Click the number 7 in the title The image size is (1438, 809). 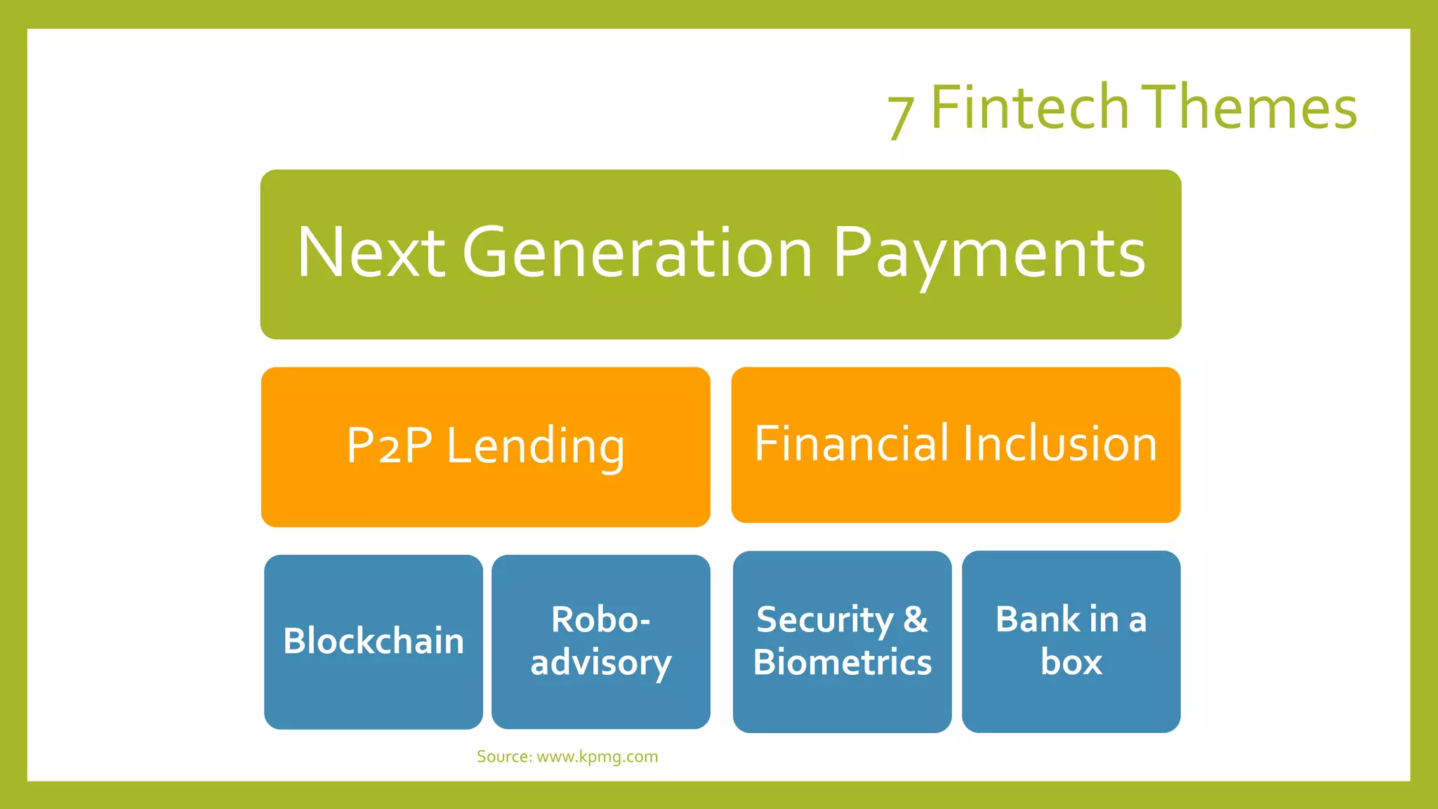(x=900, y=115)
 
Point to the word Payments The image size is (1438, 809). (x=989, y=254)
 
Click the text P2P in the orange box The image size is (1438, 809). (x=390, y=446)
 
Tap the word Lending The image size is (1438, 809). (x=535, y=447)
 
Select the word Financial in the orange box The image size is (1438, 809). (x=851, y=444)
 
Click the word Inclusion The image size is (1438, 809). (x=1060, y=444)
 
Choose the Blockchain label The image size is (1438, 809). (x=374, y=641)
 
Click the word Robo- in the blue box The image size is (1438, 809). (x=600, y=619)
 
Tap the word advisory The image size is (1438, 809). (x=601, y=663)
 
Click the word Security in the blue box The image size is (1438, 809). (x=824, y=620)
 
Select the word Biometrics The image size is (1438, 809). (x=843, y=662)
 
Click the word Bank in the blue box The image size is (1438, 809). (x=1037, y=619)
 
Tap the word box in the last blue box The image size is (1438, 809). (x=1071, y=662)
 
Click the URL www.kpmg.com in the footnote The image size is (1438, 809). (x=597, y=757)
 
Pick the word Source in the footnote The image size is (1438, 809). (x=503, y=757)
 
